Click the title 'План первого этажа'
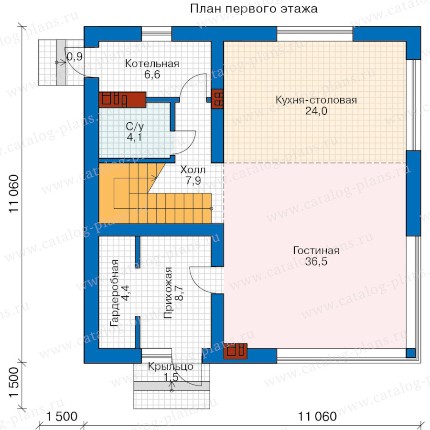coord(254,9)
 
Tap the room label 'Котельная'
coord(152,64)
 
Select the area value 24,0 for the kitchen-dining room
coord(316,111)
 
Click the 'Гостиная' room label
coord(316,250)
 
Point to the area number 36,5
coord(316,261)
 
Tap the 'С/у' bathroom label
coord(135,127)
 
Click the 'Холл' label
coord(193,170)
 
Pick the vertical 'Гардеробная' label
coord(114,293)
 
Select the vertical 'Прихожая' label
coord(168,292)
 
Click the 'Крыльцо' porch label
coord(171,366)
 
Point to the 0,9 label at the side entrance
coord(75,56)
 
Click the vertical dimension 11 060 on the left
coord(14,193)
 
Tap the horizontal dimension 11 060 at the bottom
coord(317,417)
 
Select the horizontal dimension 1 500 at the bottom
coord(62,417)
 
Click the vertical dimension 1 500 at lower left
coord(14,382)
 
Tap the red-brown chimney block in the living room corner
coord(236,351)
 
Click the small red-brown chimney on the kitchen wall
coord(217,99)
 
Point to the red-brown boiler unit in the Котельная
coord(122,100)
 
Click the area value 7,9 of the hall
coord(193,181)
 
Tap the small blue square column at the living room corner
coord(410,353)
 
